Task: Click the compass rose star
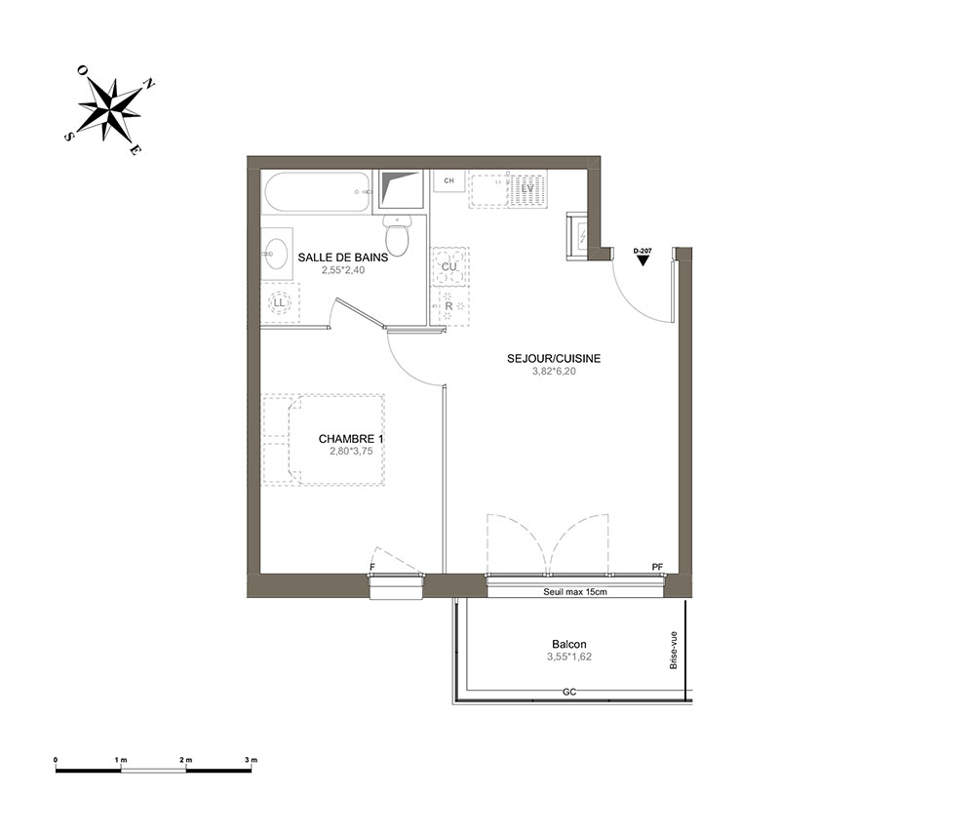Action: [x=109, y=109]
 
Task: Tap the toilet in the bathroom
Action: [x=396, y=234]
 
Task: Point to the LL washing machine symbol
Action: [x=279, y=303]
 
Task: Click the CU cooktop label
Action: [x=448, y=267]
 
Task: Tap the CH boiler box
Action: [x=448, y=181]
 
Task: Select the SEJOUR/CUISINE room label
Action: [x=554, y=358]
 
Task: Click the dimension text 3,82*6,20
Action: [x=554, y=372]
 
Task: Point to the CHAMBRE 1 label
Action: [x=351, y=439]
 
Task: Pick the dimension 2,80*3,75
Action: [x=351, y=452]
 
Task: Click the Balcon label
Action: [x=569, y=645]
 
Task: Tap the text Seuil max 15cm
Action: [x=575, y=592]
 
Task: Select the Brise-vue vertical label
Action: [x=674, y=651]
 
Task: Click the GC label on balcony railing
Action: [x=569, y=692]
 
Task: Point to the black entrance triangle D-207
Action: [x=643, y=261]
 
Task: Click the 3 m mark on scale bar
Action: [x=251, y=760]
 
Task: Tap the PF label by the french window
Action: [x=657, y=567]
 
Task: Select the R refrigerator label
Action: [x=448, y=306]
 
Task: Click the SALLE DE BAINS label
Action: [x=342, y=257]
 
